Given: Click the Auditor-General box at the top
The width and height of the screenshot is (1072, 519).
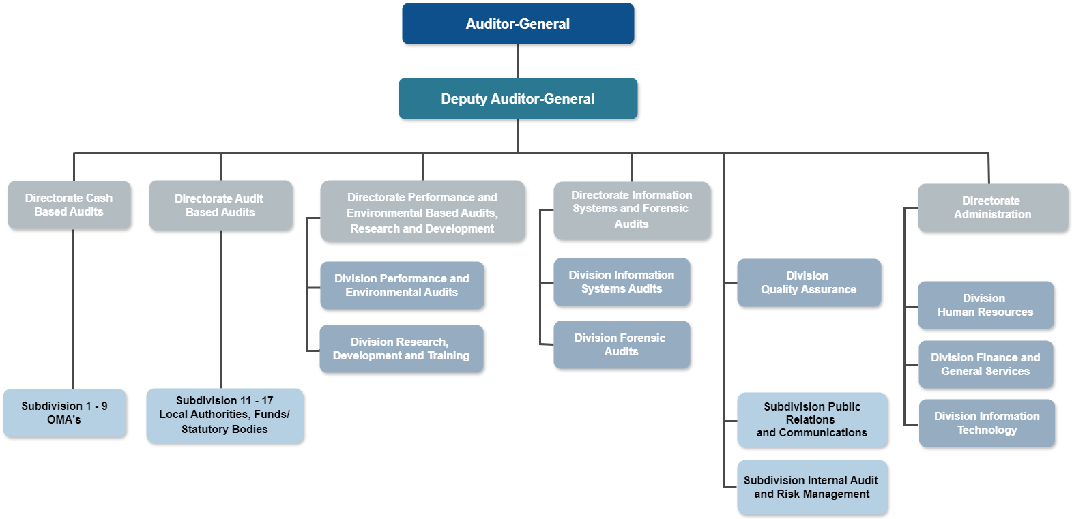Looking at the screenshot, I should coord(518,24).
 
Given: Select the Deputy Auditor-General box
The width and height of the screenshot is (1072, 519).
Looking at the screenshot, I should coord(518,99).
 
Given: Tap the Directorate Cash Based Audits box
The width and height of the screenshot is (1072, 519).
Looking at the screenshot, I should coord(69,205).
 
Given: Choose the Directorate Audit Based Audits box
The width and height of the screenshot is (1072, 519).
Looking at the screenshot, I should coord(220,205).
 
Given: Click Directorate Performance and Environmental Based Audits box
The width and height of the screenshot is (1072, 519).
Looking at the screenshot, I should coord(422,211).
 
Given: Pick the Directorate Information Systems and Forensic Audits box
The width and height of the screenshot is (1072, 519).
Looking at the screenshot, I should coord(632,210).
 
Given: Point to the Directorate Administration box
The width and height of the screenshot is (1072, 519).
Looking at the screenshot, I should coord(993,207).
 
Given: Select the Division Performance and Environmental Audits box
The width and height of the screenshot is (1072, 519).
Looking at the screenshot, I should coord(402,285).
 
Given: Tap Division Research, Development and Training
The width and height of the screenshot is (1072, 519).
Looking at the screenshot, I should coord(401,349).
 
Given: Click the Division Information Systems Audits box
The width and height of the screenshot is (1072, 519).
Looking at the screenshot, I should coord(622,282).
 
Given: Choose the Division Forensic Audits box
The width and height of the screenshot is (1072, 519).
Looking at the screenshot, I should coord(622,344).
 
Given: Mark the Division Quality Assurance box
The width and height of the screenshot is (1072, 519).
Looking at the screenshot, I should coord(809,282).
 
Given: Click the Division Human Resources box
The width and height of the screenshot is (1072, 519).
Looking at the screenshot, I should coord(985,305).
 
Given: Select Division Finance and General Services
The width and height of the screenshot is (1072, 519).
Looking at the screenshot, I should coord(985,364).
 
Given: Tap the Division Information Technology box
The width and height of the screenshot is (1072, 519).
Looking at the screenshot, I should coord(987,423).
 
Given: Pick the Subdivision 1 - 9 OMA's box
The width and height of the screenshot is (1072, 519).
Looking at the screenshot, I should coord(64,413).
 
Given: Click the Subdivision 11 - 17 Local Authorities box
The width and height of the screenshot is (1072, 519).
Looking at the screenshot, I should coord(224,415).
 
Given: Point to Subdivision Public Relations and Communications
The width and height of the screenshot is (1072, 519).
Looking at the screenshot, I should coord(812,419).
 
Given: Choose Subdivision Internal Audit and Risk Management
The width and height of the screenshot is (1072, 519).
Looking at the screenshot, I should coord(812,487).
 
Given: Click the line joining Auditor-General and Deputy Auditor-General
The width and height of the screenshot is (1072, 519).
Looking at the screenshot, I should coord(518,61).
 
